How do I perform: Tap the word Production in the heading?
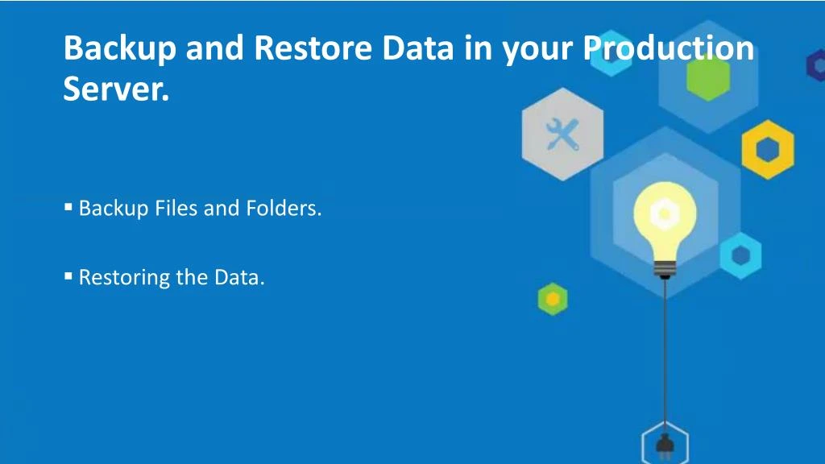[x=668, y=48]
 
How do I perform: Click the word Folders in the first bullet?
[x=284, y=208]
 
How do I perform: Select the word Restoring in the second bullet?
[x=124, y=278]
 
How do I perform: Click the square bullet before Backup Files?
[x=68, y=207]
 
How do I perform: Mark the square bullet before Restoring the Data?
[x=68, y=275]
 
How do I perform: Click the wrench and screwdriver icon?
[x=562, y=135]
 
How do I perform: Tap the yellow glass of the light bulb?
[x=665, y=218]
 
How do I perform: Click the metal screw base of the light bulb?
[x=665, y=269]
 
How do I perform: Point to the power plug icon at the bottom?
[x=665, y=445]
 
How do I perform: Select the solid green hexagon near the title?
[x=708, y=77]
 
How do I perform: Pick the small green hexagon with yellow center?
[x=553, y=299]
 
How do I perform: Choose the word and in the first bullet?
[x=221, y=208]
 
